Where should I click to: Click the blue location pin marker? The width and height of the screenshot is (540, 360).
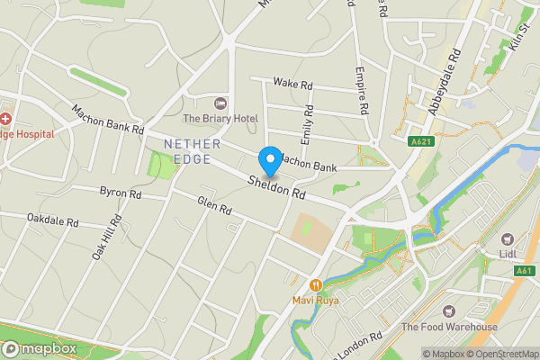coord(269,161)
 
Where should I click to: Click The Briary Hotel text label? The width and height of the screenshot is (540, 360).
coord(220,119)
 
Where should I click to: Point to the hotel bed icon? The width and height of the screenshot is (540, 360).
coord(221,103)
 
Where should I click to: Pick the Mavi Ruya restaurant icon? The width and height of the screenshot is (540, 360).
coord(315,284)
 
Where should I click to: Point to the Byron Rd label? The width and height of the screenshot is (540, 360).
coord(121,193)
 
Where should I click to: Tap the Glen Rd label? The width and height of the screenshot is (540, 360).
coord(214,207)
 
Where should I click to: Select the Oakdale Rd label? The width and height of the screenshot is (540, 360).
coord(53,220)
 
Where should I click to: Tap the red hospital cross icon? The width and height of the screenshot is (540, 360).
coord(5,119)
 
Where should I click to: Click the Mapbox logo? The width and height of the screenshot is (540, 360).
coord(39,349)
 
